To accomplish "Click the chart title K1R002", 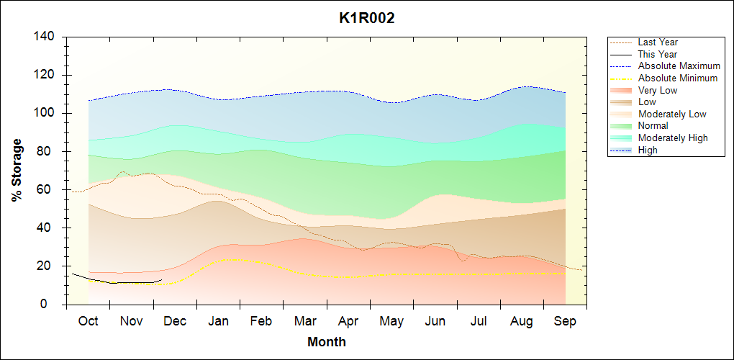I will (x=367, y=19).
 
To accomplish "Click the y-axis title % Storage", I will (x=17, y=170).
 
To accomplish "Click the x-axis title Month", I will (x=327, y=342).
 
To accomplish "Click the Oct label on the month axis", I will (x=88, y=321).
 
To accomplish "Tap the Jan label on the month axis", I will (x=218, y=321).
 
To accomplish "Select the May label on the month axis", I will (x=391, y=321).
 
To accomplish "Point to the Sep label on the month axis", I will (x=565, y=321).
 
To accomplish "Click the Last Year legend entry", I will (x=658, y=42).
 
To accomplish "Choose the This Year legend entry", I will (x=658, y=54).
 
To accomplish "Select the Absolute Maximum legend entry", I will (x=679, y=66).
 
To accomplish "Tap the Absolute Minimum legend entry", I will (x=678, y=78).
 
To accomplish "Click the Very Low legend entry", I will (x=658, y=90).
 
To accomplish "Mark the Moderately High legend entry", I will (x=673, y=138).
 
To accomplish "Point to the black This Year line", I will (x=122, y=282).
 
